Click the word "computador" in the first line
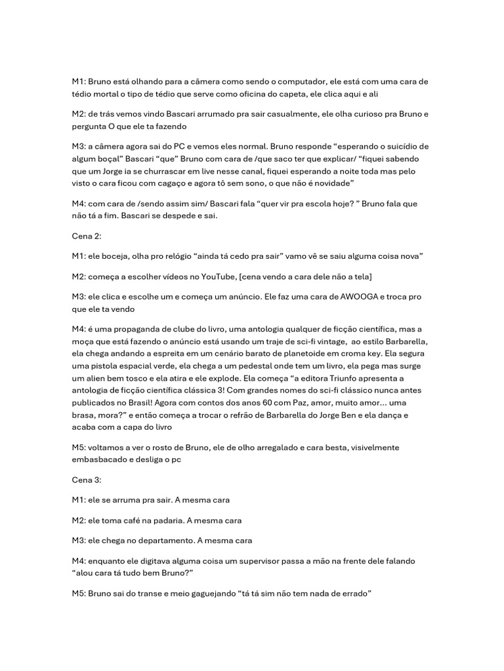tap(311, 82)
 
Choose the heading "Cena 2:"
tap(87, 236)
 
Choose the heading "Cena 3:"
tap(87, 480)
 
